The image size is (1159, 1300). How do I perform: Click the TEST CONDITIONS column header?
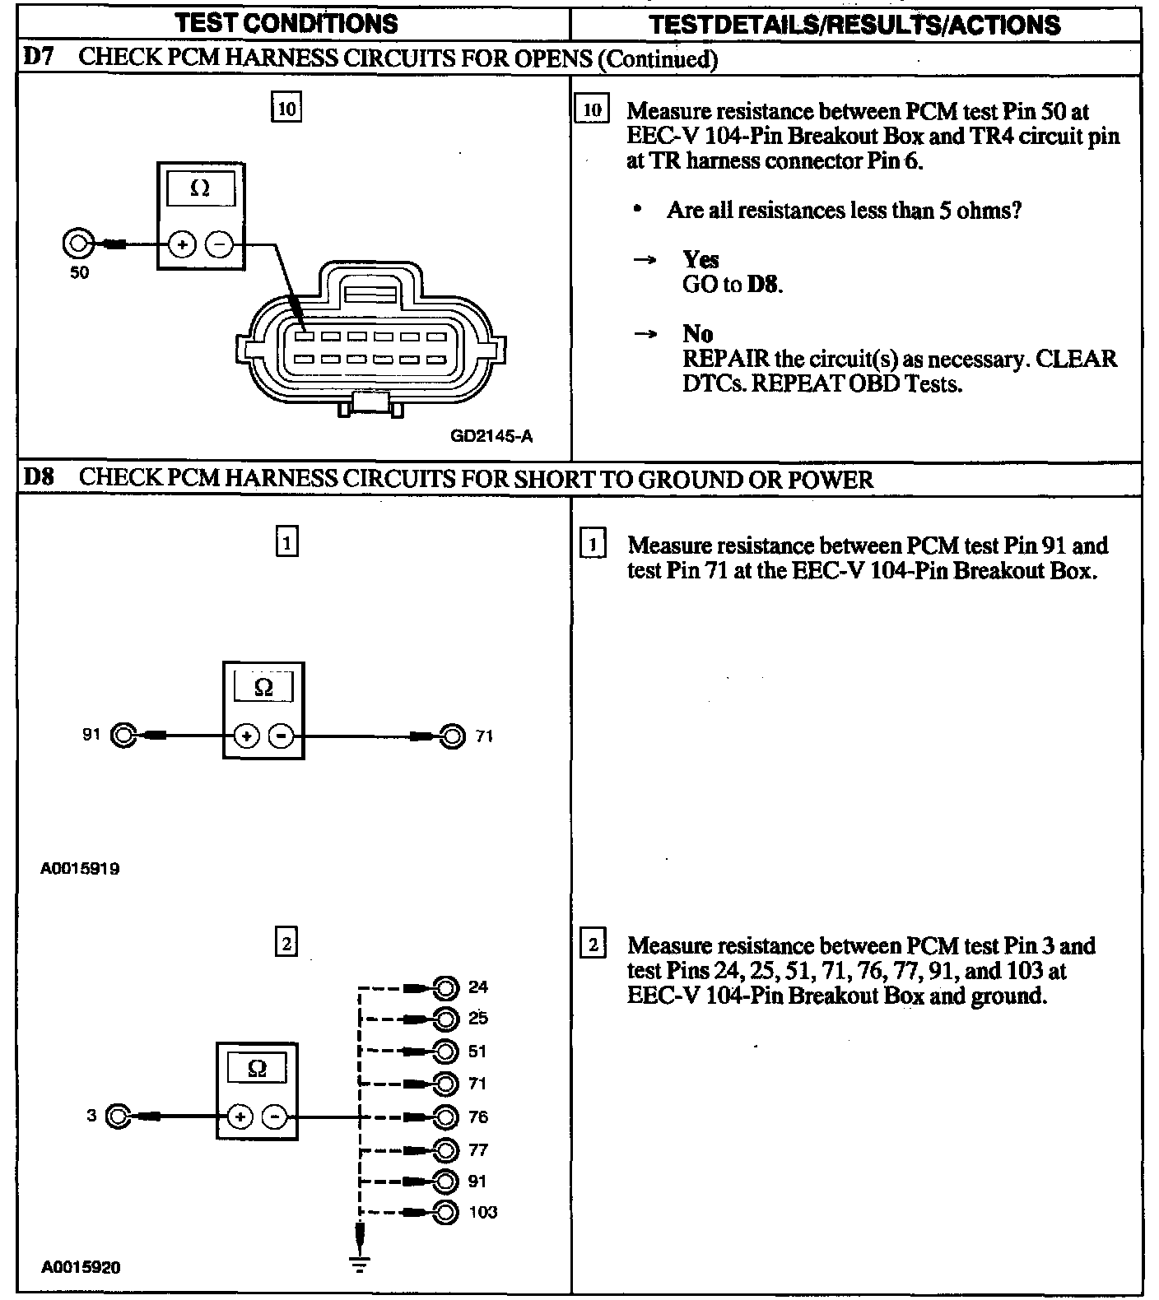(x=287, y=23)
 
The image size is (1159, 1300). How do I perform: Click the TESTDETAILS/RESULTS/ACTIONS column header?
(x=855, y=25)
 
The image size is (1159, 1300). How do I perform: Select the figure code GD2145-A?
(x=491, y=436)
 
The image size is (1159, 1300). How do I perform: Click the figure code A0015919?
(x=80, y=868)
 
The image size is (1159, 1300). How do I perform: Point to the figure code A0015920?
(x=81, y=1267)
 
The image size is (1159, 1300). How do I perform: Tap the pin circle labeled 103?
(x=445, y=1212)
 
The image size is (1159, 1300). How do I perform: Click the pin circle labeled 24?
(x=445, y=987)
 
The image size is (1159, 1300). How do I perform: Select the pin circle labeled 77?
(x=445, y=1149)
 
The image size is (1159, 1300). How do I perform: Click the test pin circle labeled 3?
(x=119, y=1117)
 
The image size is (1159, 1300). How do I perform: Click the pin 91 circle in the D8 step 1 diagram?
(x=123, y=736)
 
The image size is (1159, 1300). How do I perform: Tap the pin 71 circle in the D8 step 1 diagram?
(x=452, y=736)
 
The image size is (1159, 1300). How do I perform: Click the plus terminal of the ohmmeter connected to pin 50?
(x=182, y=244)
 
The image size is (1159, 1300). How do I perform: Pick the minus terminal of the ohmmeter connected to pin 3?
(x=275, y=1117)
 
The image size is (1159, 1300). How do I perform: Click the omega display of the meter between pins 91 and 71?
(x=263, y=687)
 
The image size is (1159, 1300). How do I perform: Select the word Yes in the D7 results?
(x=701, y=260)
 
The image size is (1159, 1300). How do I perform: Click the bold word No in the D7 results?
(x=697, y=334)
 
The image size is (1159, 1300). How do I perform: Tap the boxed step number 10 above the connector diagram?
(x=286, y=109)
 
